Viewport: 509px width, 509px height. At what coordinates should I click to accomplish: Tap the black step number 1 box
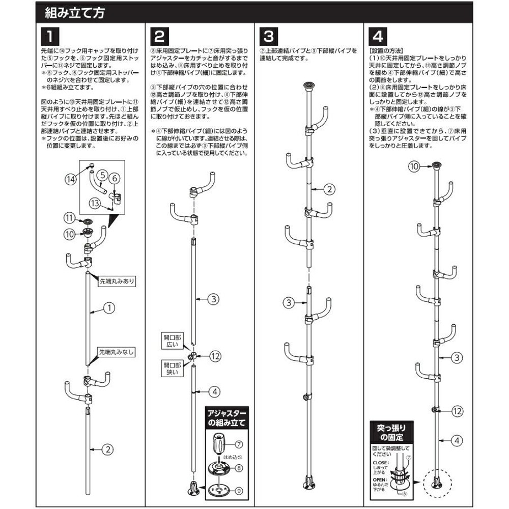pos(49,36)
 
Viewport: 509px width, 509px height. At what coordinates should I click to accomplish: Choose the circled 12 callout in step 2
pos(215,356)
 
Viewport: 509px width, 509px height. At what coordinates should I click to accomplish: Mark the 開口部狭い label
pos(169,369)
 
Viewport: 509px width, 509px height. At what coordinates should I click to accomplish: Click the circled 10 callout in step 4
pos(414,166)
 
